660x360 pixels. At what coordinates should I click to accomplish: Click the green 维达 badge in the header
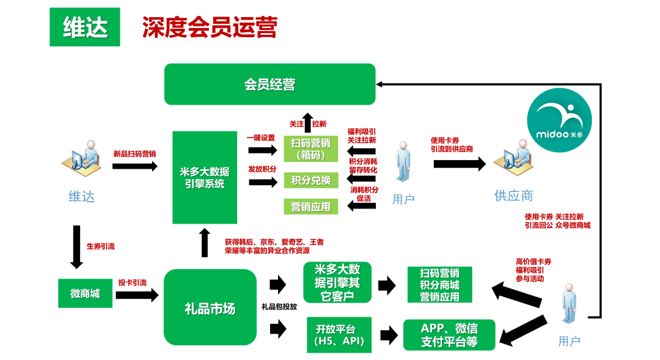pyautogui.click(x=84, y=27)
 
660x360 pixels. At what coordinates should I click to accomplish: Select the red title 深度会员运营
pyautogui.click(x=210, y=28)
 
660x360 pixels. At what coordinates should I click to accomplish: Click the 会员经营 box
pyautogui.click(x=270, y=84)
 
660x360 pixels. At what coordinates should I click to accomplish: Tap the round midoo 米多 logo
pyautogui.click(x=559, y=120)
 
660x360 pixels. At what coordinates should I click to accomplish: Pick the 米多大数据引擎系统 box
pyautogui.click(x=205, y=177)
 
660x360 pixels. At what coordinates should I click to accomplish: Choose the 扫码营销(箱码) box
pyautogui.click(x=310, y=149)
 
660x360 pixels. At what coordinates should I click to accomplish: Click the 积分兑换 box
pyautogui.click(x=310, y=180)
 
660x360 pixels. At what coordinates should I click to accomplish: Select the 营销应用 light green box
pyautogui.click(x=310, y=207)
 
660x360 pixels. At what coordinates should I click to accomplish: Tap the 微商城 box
pyautogui.click(x=85, y=293)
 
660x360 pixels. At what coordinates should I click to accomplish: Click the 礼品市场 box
pyautogui.click(x=210, y=307)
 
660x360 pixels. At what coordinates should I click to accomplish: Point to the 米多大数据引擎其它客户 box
pyautogui.click(x=337, y=282)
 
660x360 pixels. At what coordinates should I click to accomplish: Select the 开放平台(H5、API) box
pyautogui.click(x=339, y=335)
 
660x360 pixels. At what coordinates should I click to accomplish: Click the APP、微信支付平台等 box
pyautogui.click(x=449, y=335)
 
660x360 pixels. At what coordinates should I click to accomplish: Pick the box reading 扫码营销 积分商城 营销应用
pyautogui.click(x=439, y=285)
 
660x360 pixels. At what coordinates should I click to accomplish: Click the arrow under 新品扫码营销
pyautogui.click(x=134, y=166)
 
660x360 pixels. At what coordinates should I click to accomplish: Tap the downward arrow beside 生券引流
pyautogui.click(x=76, y=247)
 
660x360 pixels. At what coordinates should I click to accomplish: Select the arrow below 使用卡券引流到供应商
pyautogui.click(x=460, y=163)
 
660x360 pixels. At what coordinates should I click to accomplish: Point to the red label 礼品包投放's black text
pyautogui.click(x=279, y=307)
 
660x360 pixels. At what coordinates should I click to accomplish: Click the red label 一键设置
pyautogui.click(x=261, y=138)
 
